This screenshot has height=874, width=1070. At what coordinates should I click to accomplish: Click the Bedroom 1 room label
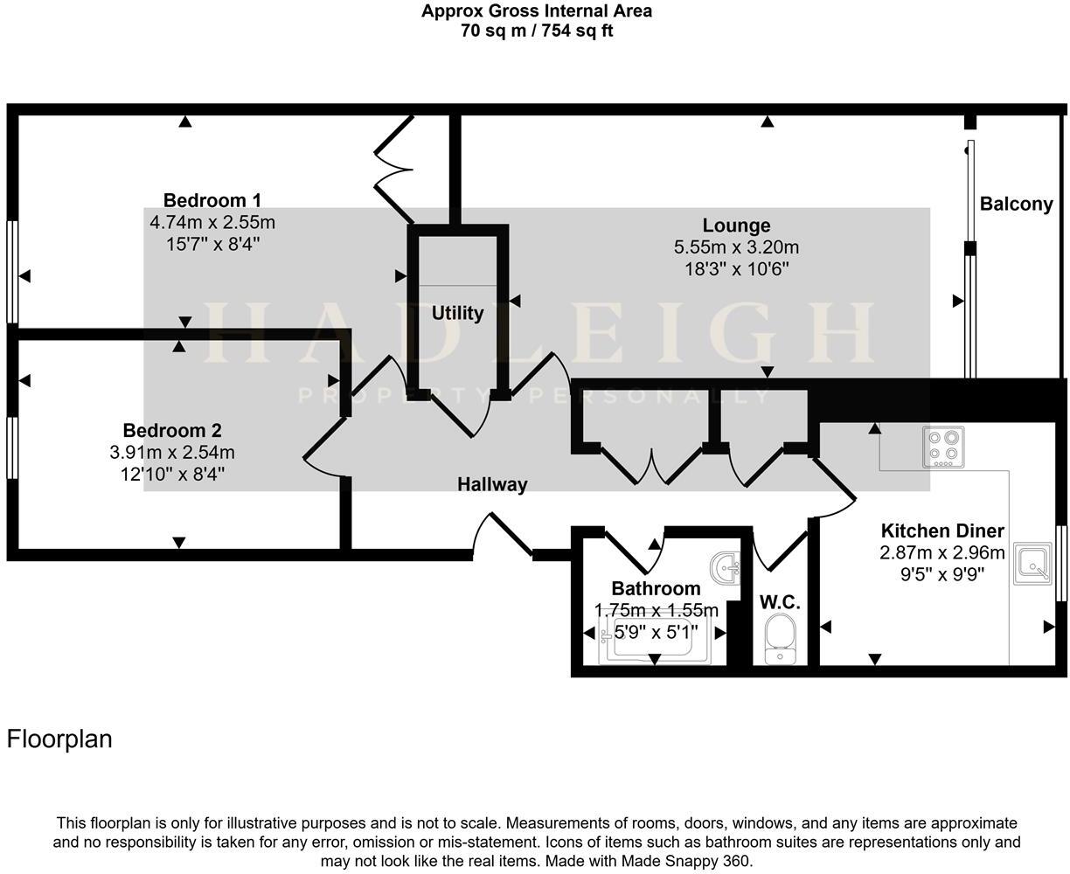click(212, 200)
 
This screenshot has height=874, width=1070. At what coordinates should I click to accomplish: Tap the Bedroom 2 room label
click(172, 430)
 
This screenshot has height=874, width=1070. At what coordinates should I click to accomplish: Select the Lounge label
click(736, 225)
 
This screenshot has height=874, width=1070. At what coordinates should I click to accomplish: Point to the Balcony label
click(1016, 205)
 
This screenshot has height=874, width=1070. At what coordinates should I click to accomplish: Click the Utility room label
click(457, 313)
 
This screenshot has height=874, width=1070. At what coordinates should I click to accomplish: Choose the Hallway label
click(492, 484)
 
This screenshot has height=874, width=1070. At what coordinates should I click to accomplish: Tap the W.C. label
click(780, 602)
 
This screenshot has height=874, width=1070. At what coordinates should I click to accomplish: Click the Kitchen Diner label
click(941, 531)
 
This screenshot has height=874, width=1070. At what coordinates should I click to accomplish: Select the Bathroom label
click(656, 588)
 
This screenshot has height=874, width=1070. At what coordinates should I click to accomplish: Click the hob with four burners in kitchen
click(943, 446)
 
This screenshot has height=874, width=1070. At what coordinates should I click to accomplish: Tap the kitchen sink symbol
click(1034, 565)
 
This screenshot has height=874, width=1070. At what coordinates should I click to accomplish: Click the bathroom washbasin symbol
click(725, 568)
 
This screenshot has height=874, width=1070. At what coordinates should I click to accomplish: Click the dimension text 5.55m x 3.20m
click(736, 248)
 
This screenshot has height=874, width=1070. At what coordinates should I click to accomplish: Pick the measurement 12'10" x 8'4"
click(172, 475)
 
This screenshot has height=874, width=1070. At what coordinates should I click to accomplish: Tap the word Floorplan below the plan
click(59, 739)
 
